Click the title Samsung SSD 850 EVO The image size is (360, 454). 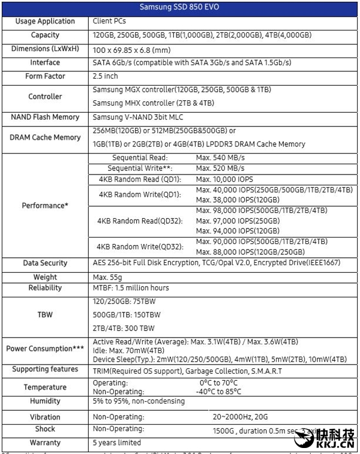coord(180,8)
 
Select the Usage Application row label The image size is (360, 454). coord(45,22)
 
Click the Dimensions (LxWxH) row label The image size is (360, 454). coord(45,49)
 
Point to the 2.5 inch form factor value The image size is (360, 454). coord(106,77)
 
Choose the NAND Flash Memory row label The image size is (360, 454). coord(45,118)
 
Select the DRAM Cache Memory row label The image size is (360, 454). coord(45,137)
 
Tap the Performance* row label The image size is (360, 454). coord(45,206)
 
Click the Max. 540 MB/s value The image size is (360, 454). coord(220,158)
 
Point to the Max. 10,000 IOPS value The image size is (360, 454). coord(226,179)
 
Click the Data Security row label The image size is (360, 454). coord(45,263)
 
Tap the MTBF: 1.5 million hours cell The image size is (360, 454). coord(131,288)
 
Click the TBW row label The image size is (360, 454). coord(45,314)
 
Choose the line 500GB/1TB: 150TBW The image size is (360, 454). coord(127,314)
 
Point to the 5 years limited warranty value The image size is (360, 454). coord(117,443)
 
